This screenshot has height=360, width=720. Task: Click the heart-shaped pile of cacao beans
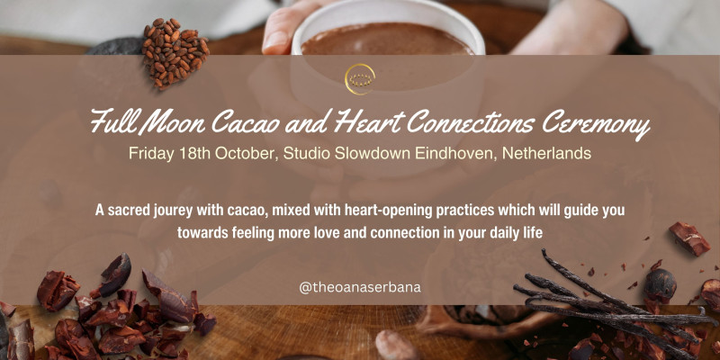[174, 51]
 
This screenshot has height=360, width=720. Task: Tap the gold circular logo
[360, 77]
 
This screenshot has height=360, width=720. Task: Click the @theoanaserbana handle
[360, 288]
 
